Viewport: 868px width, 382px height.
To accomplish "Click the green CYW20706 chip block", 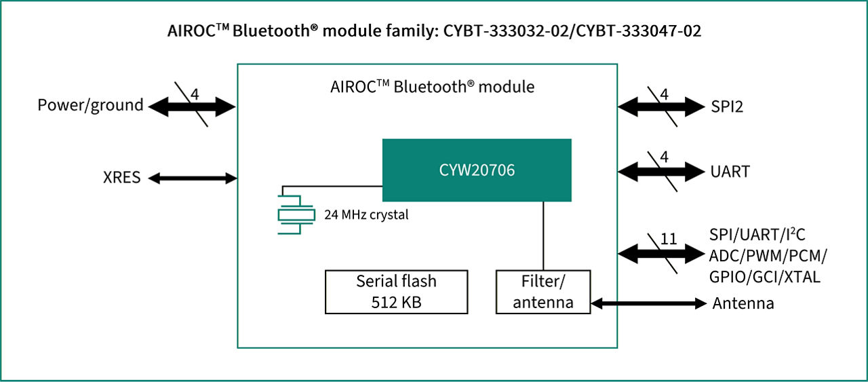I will coord(476,170).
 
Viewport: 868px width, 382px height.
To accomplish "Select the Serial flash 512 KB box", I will coord(396,292).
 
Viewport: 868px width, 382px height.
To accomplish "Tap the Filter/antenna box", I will coord(542,292).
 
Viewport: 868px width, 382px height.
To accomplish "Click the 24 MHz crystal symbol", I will coord(296,214).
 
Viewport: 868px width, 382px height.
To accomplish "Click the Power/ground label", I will coord(90,105).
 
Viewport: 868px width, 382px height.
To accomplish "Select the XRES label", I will coord(123,178).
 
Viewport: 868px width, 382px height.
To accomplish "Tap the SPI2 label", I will coord(727,106).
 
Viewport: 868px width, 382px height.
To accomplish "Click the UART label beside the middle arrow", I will coord(730,171).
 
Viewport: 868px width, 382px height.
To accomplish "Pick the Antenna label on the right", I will coord(743,303).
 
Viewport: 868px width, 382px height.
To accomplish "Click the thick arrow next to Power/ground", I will coord(191,106).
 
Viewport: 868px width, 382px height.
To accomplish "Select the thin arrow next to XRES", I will coord(193,178).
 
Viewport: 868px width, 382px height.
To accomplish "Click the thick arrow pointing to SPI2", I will coord(661,106).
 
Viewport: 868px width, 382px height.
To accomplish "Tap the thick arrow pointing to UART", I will coord(661,170).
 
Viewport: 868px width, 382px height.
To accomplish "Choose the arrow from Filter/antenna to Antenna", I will coord(648,303).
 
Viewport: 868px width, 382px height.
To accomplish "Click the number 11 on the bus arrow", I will coord(668,240).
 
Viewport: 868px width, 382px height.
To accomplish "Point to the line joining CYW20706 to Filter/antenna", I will coord(543,235).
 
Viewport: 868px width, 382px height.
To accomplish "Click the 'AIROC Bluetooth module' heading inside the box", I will coord(432,87).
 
